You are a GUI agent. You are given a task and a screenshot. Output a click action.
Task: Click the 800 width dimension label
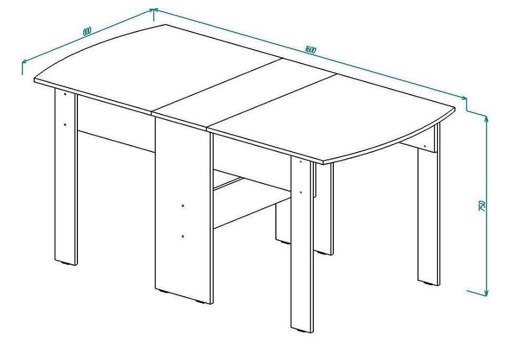[x=86, y=31]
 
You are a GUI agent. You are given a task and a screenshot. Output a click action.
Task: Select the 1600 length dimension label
[x=311, y=50]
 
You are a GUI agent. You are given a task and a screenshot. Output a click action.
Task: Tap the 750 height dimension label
[x=482, y=206]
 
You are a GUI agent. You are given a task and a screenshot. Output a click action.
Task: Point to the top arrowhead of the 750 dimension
[x=487, y=118]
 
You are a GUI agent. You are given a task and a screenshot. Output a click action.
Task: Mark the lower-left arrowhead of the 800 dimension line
[x=24, y=62]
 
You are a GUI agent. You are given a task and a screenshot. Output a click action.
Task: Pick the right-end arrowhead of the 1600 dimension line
[x=463, y=97]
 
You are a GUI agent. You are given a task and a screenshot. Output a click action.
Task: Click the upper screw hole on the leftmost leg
[x=65, y=94]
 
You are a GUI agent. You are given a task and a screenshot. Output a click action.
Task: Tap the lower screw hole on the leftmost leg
[x=65, y=124]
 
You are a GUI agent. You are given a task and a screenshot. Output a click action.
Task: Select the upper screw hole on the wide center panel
[x=183, y=205]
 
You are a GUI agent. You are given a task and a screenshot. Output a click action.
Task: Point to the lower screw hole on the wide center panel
[x=183, y=236]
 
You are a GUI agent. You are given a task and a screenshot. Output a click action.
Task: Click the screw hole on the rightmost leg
[x=425, y=145]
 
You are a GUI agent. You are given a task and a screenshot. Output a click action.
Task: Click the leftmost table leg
[x=66, y=175]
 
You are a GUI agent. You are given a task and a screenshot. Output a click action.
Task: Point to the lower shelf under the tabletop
[x=252, y=198]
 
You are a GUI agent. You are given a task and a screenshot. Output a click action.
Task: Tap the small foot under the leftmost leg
[x=68, y=264]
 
